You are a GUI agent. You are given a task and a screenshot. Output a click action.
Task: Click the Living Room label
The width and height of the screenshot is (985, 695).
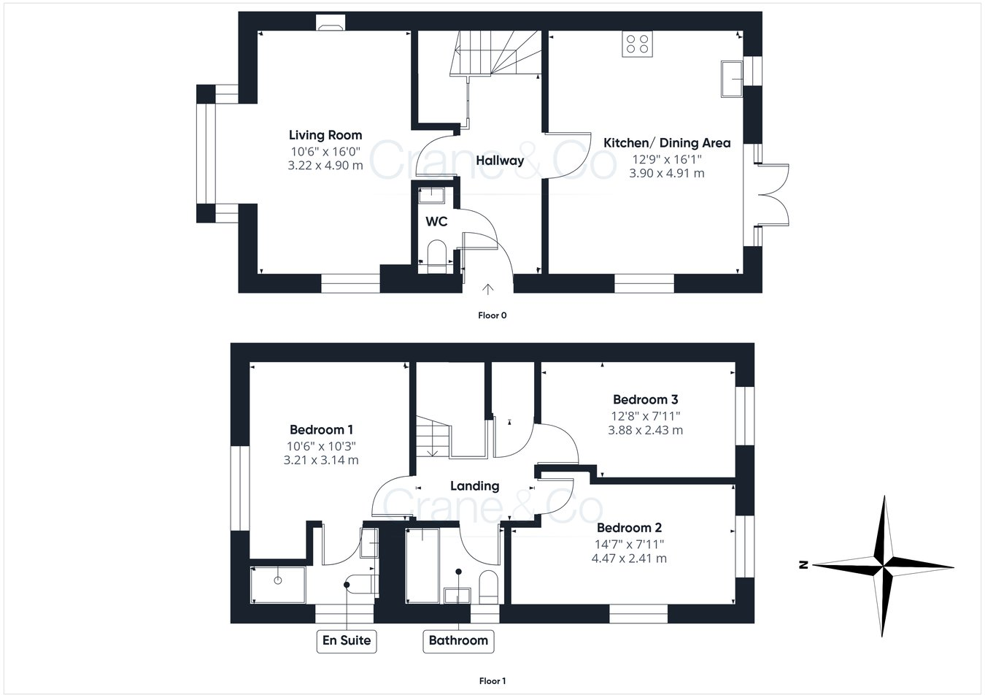325,135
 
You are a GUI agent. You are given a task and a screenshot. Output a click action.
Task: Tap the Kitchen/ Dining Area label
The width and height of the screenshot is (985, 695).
667,143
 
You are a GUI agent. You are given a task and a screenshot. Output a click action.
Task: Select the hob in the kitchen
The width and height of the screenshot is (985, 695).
637,45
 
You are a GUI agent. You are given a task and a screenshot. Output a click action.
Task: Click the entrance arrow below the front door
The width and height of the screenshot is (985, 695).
488,290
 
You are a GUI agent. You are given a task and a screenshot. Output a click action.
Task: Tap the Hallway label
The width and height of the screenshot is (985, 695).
500,161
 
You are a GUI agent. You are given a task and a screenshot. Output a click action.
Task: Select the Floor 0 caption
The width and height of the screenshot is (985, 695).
492,315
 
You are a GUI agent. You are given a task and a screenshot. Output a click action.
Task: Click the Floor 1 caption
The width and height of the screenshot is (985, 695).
492,681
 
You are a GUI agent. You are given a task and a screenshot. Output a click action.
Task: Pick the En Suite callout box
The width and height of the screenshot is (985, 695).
347,641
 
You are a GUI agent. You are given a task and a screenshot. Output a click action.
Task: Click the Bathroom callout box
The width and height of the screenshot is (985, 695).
458,641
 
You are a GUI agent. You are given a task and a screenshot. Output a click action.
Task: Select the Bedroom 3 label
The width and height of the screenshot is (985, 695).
645,399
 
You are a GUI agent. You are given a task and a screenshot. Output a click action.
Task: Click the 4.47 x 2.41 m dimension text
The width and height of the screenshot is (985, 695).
630,559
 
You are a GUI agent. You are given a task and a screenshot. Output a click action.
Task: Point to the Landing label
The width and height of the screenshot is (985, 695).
474,485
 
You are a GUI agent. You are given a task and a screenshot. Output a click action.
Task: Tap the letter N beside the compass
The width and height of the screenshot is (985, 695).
802,564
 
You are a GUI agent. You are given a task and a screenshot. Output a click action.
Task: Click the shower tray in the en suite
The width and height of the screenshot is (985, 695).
277,584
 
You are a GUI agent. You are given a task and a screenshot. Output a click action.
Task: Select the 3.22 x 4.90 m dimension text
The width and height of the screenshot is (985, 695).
325,166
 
